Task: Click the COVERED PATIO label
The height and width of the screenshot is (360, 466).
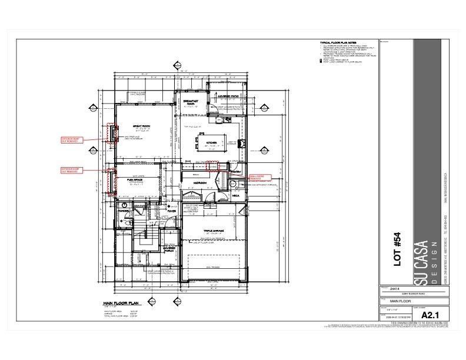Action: (227, 95)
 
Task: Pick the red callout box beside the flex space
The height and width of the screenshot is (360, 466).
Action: (69, 170)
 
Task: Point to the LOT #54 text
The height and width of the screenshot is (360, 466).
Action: (397, 249)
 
